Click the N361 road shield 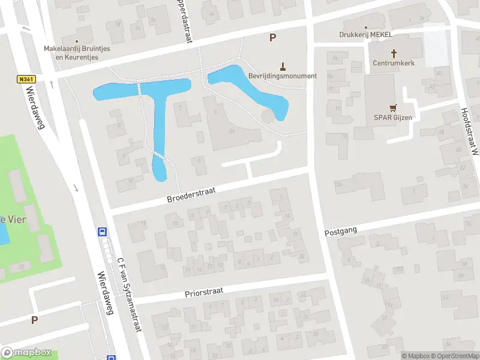click(x=25, y=79)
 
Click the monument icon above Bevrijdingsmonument click(x=284, y=65)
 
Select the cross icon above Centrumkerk click(x=394, y=53)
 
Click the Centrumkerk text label click(x=394, y=62)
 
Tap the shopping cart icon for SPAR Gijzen click(x=394, y=107)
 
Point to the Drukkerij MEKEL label click(x=365, y=35)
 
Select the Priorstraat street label click(x=204, y=291)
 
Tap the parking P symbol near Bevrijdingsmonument click(x=272, y=38)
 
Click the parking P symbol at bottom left click(x=34, y=320)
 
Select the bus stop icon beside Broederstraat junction click(x=103, y=232)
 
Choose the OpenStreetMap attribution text click(x=457, y=356)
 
